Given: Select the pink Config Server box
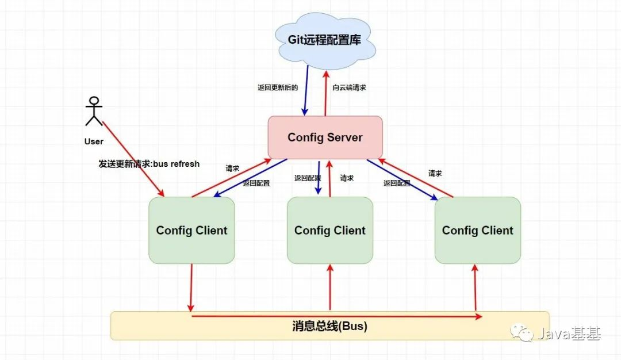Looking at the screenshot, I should [325, 137].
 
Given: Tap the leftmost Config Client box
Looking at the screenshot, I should [191, 231].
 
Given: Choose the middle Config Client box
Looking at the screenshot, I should [330, 231].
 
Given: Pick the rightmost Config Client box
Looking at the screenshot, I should [477, 231].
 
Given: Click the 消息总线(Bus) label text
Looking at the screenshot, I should [329, 326].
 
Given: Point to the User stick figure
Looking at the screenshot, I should [94, 112].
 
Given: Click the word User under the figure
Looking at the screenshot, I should [94, 141].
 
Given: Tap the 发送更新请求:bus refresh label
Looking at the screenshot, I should [149, 164].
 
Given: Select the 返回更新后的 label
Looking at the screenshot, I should [278, 88].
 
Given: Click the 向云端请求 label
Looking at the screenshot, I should [350, 88].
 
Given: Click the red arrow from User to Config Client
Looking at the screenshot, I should [133, 159].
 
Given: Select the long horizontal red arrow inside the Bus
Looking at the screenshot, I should [336, 316].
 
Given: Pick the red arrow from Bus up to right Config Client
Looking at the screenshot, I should [476, 288].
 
